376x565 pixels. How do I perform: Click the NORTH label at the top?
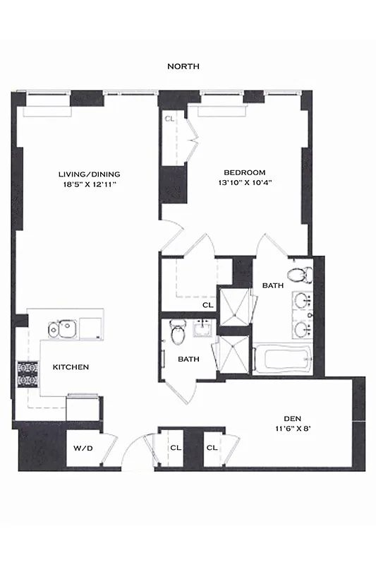coord(183,66)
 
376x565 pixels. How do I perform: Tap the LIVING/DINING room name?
coord(89,174)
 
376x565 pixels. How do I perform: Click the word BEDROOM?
coord(244,172)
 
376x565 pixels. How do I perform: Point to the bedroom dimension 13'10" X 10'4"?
coord(244,182)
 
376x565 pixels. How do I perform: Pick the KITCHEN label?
coord(71,367)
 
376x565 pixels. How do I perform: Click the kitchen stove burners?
coord(27,374)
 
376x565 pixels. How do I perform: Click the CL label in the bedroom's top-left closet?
coord(169,119)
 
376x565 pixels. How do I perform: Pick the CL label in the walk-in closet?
coord(207,305)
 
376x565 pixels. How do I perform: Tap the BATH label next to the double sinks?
coord(272,285)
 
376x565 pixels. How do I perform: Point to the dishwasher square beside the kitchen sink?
coord(90,327)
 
